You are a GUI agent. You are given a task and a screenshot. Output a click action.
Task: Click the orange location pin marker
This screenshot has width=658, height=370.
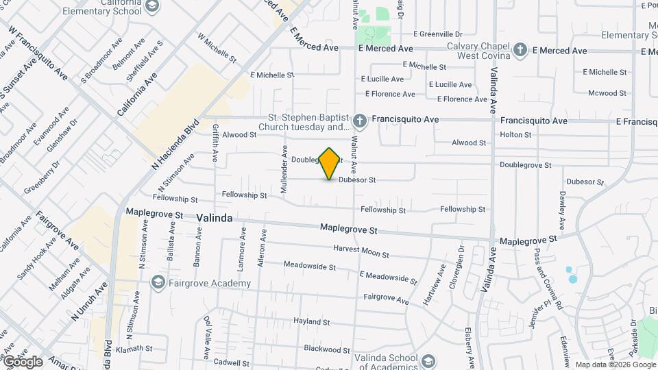coord(330,163)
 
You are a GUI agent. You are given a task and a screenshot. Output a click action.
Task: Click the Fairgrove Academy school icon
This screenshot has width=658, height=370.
coord(158,283)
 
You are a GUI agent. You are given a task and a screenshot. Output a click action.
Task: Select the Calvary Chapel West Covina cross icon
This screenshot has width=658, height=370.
coord(520,50)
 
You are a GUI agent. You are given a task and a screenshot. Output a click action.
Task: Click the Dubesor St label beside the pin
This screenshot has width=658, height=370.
coord(357,180)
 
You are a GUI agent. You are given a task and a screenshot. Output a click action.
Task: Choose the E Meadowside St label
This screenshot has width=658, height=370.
coord(388,277)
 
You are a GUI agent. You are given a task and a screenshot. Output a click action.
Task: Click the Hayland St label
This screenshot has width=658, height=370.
coord(312,321)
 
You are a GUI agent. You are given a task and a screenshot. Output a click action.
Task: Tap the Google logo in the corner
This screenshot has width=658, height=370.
coord(23,361)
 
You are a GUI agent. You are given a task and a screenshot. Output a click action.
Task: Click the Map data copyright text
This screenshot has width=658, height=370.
coord(615,365)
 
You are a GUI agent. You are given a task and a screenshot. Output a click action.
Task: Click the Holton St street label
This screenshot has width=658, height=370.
coord(515,135)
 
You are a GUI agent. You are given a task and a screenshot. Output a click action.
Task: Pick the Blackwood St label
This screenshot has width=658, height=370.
coord(327,349)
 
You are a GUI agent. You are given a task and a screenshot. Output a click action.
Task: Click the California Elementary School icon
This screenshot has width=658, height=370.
coord(151,7)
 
